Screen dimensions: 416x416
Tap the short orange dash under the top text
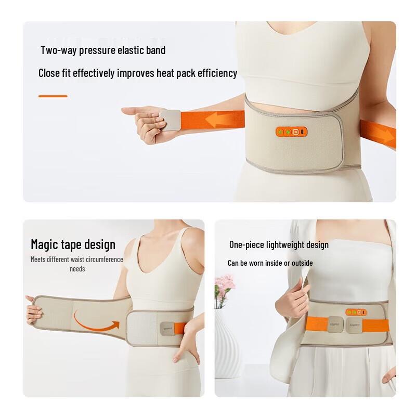tap(53, 96)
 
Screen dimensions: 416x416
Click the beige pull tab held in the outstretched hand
tap(170, 120)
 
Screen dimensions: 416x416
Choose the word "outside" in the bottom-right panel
tap(302, 263)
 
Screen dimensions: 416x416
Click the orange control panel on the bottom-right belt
tap(356, 313)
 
